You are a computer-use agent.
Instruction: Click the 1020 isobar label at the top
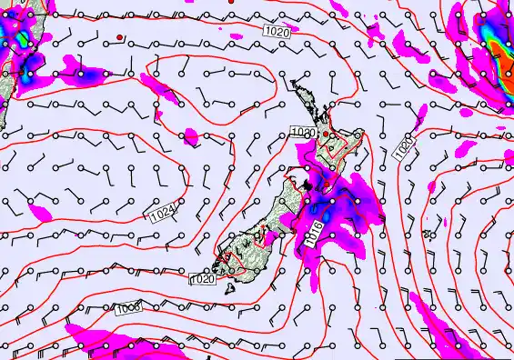coord(278,32)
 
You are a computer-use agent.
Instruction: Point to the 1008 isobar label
coord(128,309)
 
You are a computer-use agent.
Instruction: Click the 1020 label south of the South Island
coord(202,279)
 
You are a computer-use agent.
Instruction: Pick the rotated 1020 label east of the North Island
coord(404,147)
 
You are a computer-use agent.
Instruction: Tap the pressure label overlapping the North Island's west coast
coord(303,133)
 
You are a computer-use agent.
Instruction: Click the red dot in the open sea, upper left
coord(119,38)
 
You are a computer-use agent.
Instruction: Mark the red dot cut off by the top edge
coord(232,2)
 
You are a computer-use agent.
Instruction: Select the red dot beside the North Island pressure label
coord(326,134)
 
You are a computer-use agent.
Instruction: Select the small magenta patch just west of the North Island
coord(190,136)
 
